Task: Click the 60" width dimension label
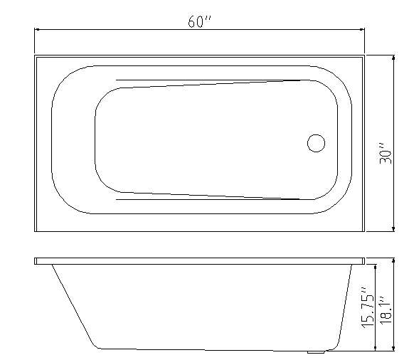coord(200,21)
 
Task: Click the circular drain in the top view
coord(316,142)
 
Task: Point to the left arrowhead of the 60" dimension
coord(38,30)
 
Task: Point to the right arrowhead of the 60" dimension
coord(361,30)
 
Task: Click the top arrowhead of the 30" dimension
coord(394,58)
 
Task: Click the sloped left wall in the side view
coord(74,306)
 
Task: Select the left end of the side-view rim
coord(36,261)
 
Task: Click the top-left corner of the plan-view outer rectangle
coord(34,55)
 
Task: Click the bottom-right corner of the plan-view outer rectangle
coord(364,232)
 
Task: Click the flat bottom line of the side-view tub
coord(206,349)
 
